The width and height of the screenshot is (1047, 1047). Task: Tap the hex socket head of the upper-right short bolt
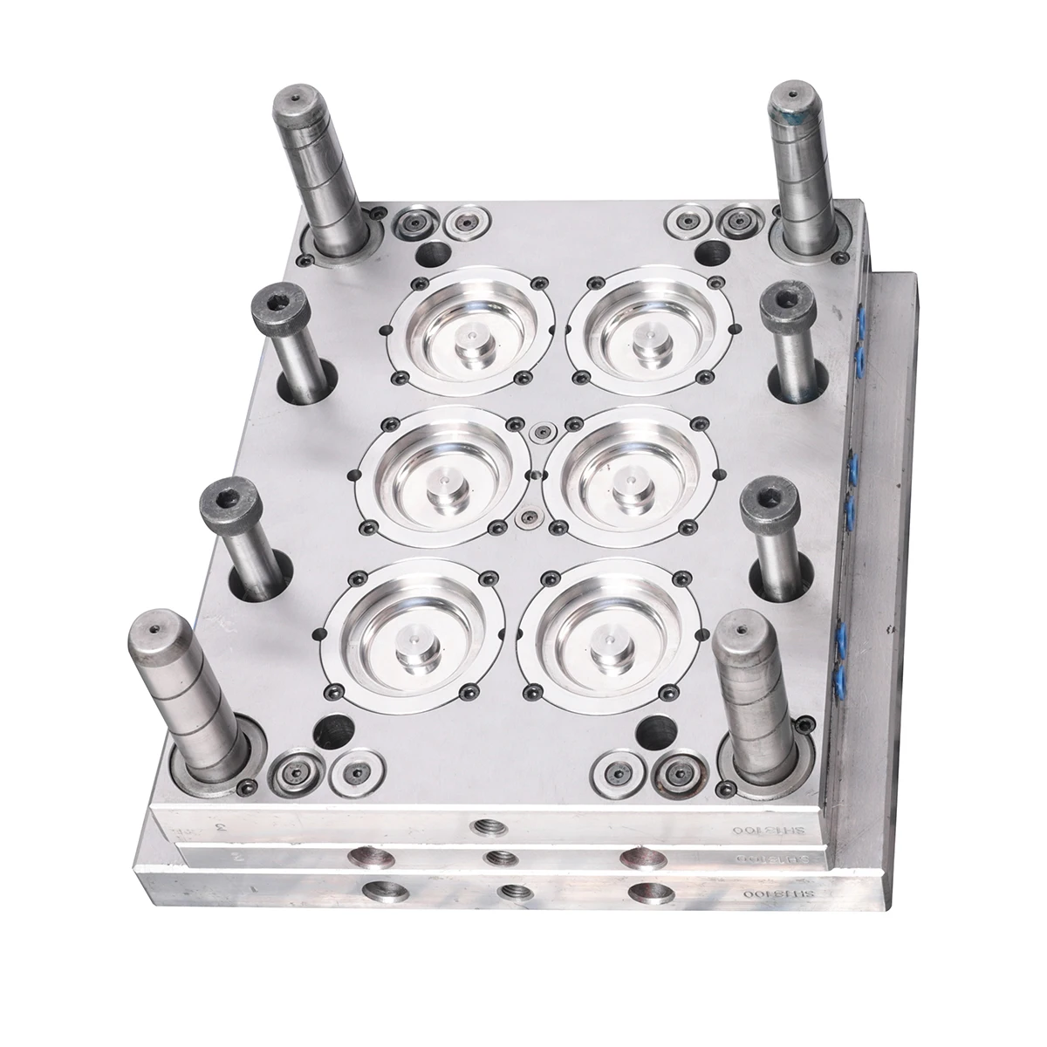(786, 305)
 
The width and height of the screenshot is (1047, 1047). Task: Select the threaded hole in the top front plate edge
(482, 825)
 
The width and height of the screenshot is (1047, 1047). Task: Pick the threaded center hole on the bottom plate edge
(510, 893)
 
